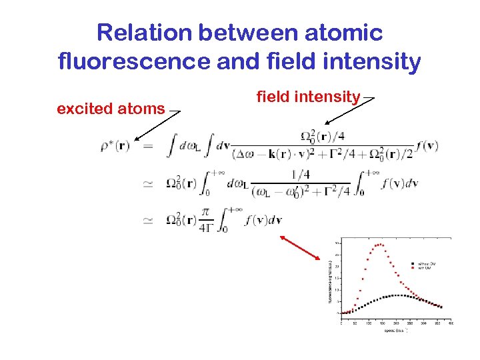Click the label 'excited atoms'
[111, 108]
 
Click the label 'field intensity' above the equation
[308, 97]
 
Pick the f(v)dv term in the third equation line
[263, 220]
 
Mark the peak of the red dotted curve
[379, 244]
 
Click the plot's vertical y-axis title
[329, 280]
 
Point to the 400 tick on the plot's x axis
[451, 323]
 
